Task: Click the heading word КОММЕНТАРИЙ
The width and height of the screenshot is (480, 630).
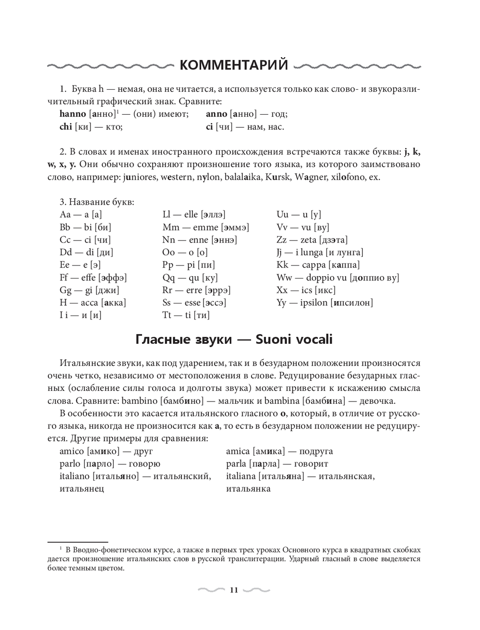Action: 234,64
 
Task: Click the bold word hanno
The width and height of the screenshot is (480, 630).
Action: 72,114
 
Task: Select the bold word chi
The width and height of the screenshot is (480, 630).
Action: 65,127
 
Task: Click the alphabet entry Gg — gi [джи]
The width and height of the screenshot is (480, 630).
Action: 89,290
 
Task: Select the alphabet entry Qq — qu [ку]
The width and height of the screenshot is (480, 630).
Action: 190,278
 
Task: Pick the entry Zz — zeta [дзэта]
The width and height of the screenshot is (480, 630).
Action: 312,240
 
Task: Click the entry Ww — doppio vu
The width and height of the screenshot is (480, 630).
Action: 337,278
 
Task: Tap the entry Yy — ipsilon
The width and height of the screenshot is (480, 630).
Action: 324,303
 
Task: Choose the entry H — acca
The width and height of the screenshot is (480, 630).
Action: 93,303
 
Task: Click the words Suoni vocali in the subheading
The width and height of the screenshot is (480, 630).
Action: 294,339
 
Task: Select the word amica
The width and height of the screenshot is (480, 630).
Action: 238,451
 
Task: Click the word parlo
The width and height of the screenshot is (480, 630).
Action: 70,464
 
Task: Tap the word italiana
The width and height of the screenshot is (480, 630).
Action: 240,476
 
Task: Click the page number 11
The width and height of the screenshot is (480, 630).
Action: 234,590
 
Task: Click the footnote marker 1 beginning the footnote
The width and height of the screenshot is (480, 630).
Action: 61,548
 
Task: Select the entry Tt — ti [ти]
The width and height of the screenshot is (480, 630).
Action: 186,315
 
